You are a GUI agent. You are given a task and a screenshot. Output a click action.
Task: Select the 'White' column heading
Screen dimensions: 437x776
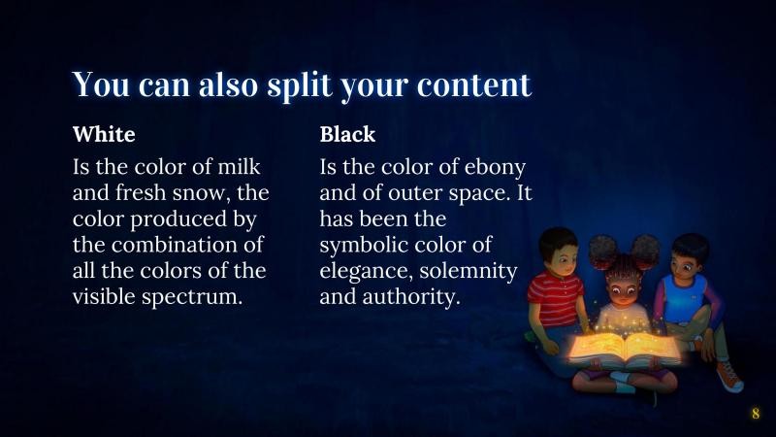(x=104, y=134)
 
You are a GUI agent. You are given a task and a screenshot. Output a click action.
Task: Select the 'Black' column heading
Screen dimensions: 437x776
(x=347, y=134)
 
